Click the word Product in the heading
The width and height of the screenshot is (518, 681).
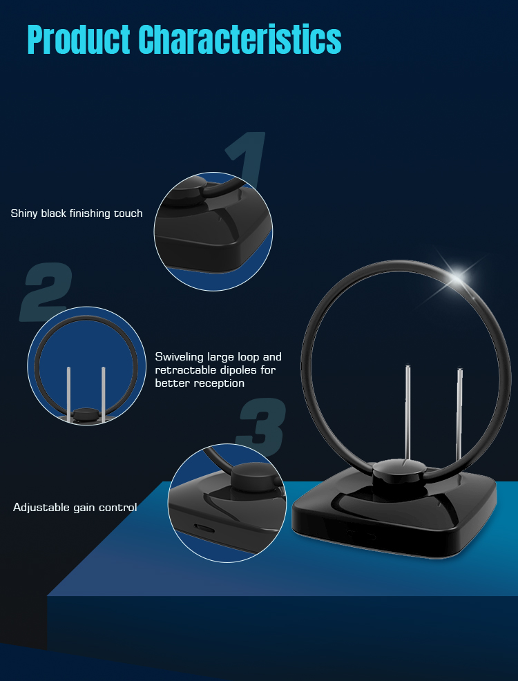tap(79, 39)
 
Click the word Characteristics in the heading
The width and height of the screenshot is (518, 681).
tap(240, 39)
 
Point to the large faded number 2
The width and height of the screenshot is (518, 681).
tap(46, 292)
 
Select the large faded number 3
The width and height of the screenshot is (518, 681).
tap(261, 428)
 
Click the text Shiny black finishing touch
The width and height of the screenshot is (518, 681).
tap(77, 213)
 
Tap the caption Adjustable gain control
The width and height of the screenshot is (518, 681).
tap(75, 507)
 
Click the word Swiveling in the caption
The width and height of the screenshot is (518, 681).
tap(180, 357)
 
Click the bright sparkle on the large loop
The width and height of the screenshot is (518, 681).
tap(458, 277)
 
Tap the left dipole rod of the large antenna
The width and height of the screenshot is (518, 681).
tap(407, 412)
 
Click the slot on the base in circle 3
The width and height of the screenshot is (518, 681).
tap(203, 528)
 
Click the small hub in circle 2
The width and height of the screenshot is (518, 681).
tap(86, 414)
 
